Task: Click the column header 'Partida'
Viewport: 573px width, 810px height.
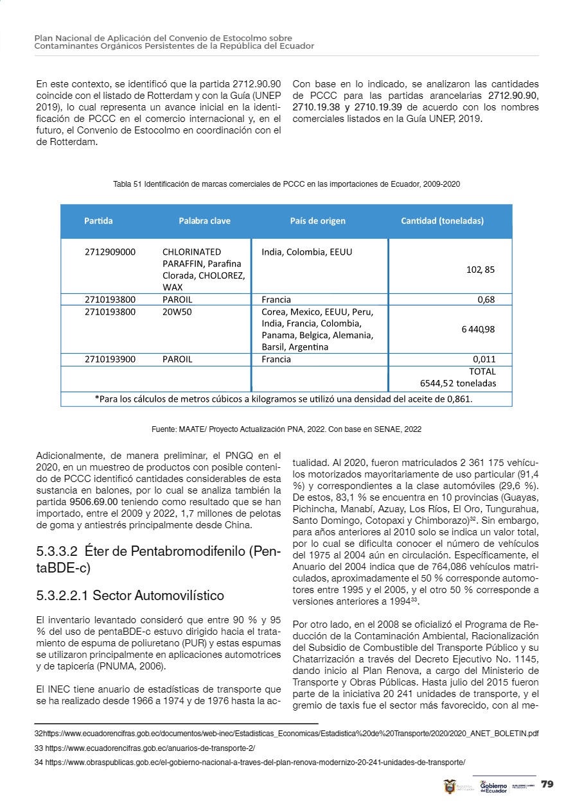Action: [x=98, y=221]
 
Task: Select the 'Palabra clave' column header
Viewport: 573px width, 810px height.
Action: [x=204, y=221]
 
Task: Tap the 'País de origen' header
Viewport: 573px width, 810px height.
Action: [x=317, y=221]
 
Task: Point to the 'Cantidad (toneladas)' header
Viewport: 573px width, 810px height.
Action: [x=442, y=221]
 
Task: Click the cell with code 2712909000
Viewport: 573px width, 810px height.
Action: [x=110, y=252]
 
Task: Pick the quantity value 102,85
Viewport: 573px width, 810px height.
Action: [x=480, y=270]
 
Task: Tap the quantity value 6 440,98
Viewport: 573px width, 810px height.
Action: [x=477, y=329]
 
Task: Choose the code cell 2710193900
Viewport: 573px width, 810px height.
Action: [x=110, y=359]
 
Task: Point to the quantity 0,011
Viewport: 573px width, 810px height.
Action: [x=483, y=359]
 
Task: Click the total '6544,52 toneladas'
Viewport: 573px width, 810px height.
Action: [x=457, y=383]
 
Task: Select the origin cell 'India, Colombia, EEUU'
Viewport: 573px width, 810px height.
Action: [x=306, y=252]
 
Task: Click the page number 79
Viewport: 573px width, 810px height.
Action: [x=547, y=784]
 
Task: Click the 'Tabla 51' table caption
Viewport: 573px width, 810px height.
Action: [x=286, y=184]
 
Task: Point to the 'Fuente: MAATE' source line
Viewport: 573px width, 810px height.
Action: [x=286, y=428]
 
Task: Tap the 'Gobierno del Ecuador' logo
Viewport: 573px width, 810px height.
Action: [x=493, y=786]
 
